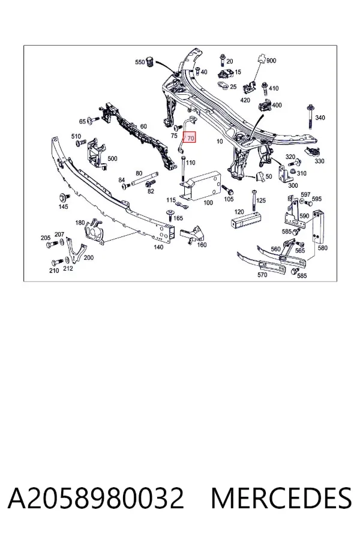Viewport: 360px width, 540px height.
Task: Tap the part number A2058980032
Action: click(96, 498)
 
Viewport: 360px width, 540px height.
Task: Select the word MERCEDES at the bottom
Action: click(281, 498)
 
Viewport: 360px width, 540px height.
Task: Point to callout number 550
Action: click(140, 62)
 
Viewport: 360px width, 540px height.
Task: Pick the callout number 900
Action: click(271, 61)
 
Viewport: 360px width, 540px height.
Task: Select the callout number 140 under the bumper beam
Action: click(158, 247)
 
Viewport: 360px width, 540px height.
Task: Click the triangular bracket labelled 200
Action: click(75, 250)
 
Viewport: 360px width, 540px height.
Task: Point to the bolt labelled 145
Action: click(64, 197)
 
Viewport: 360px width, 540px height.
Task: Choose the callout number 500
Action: click(112, 159)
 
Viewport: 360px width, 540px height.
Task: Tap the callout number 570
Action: click(262, 274)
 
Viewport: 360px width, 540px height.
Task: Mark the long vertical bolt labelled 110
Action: click(183, 169)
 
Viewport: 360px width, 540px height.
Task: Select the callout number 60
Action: click(143, 127)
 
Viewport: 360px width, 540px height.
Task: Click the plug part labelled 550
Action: click(150, 62)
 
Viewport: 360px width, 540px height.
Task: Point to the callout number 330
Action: click(319, 161)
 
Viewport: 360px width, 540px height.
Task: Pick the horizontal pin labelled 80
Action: click(143, 178)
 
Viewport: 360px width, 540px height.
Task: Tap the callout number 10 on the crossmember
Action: click(220, 141)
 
